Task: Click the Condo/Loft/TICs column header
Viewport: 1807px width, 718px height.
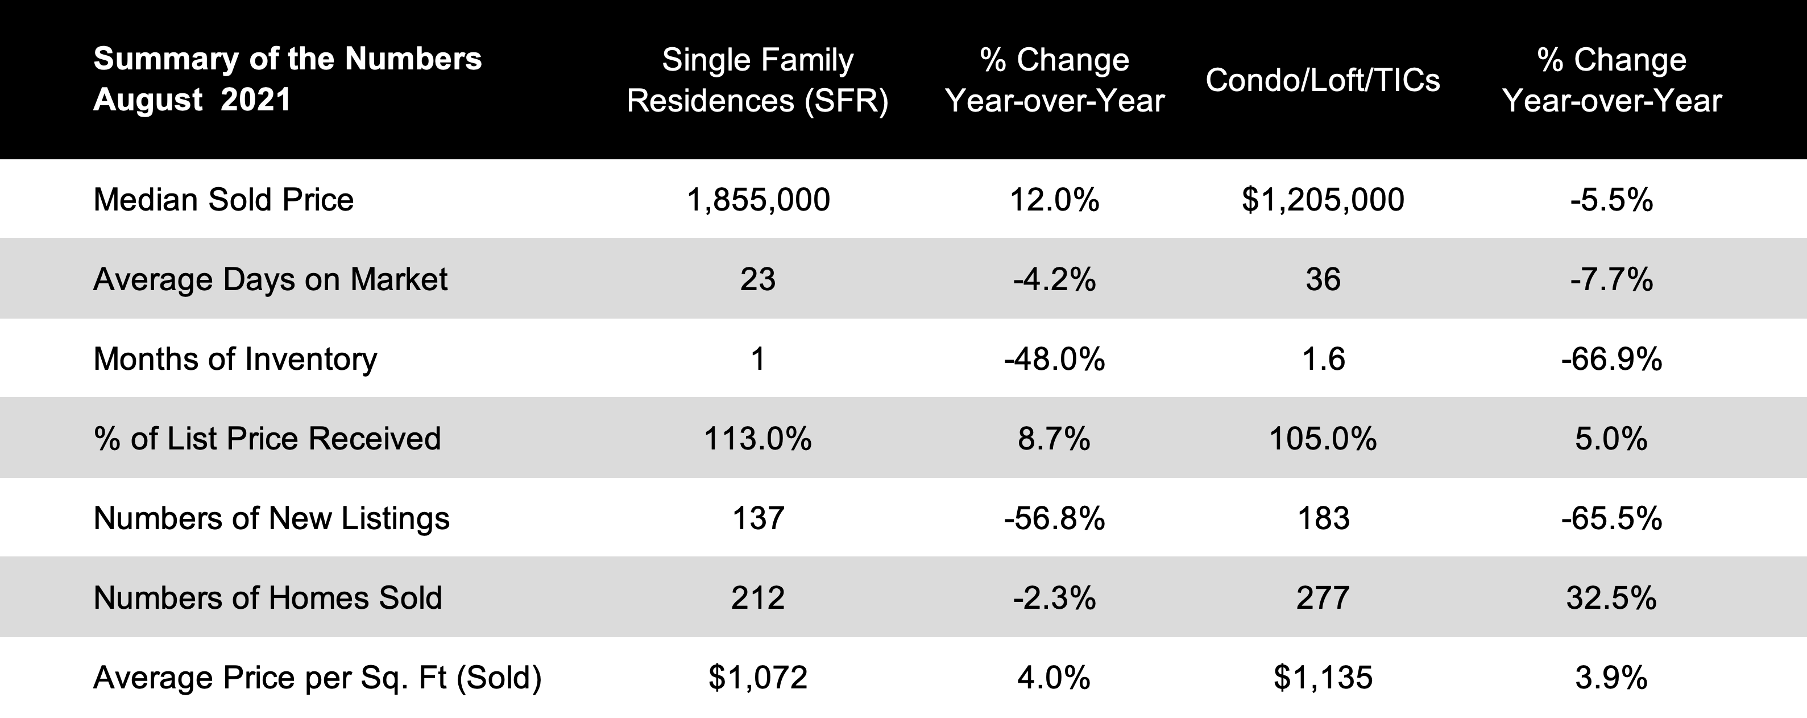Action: coord(1323,80)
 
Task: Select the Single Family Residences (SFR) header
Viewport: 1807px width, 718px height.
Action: coord(757,80)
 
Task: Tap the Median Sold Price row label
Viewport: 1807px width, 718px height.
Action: coord(223,199)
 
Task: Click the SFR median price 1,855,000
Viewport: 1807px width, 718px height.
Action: coord(757,199)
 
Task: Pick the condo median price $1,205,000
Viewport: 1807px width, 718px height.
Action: coord(1323,199)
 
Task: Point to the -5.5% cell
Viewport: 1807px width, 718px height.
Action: coord(1611,199)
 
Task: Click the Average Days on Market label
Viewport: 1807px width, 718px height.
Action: coord(270,279)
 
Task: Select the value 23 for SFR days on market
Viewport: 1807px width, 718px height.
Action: coord(757,279)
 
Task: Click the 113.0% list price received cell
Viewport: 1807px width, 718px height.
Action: coord(757,439)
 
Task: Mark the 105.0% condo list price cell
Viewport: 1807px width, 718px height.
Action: coord(1323,439)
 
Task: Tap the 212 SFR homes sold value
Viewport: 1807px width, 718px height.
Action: coord(757,598)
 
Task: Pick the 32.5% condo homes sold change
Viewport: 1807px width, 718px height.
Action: coord(1611,598)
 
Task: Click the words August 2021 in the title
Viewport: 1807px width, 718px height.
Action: coord(192,100)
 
